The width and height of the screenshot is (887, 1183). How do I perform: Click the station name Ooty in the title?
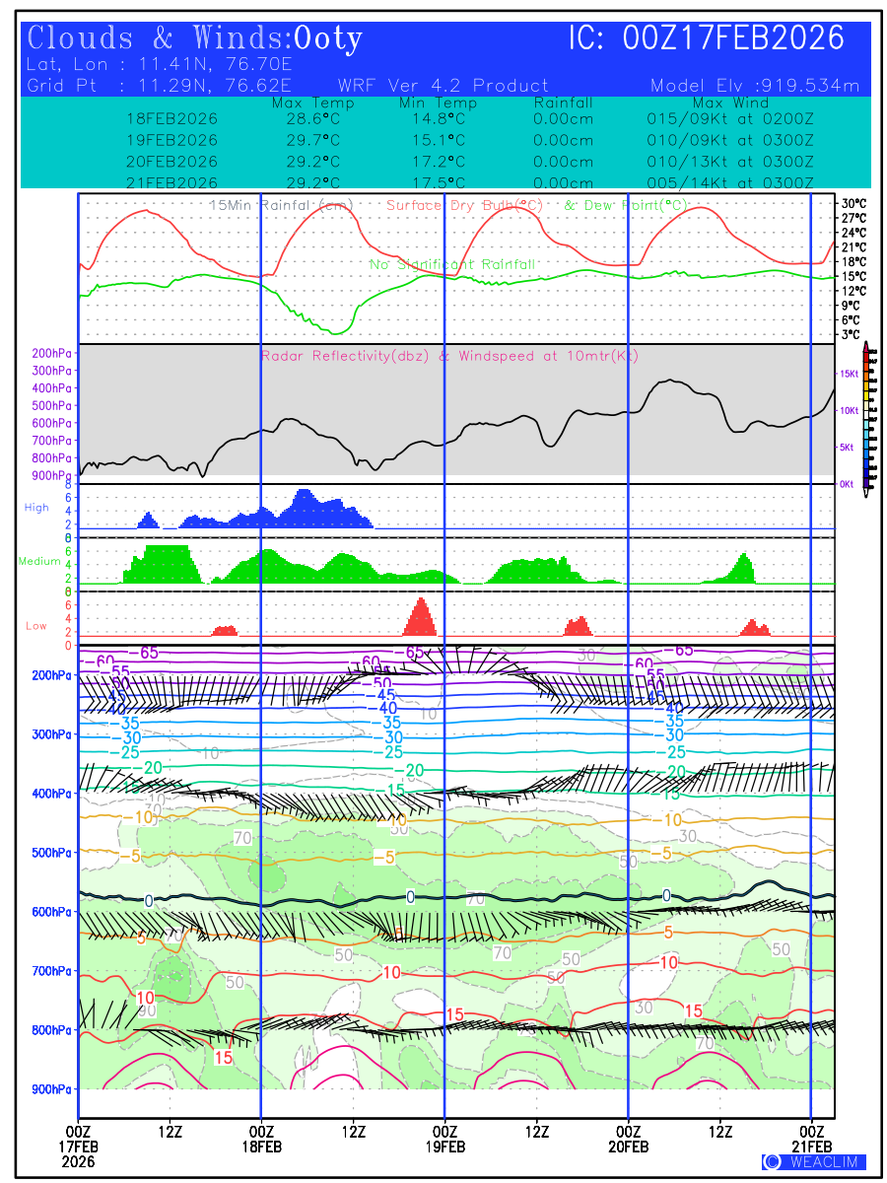(x=328, y=38)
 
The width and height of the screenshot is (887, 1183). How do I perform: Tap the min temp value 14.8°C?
(x=439, y=118)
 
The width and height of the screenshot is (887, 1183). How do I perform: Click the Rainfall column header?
(x=563, y=103)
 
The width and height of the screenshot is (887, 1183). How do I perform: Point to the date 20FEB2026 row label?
(x=171, y=162)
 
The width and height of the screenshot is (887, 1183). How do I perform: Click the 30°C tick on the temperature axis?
(x=853, y=203)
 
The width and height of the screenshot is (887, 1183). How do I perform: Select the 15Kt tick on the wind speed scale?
(x=848, y=374)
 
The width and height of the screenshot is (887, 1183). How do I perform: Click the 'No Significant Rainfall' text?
(x=452, y=264)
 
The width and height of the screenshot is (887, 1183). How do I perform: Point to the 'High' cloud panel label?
(x=36, y=508)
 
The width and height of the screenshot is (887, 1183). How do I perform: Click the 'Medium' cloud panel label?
(x=39, y=561)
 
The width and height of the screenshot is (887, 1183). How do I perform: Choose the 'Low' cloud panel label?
(x=36, y=626)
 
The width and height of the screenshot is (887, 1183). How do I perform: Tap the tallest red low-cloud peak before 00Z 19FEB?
(x=421, y=614)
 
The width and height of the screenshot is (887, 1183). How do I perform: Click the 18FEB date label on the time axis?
(x=261, y=1147)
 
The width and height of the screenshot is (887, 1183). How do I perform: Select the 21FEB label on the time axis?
(x=811, y=1147)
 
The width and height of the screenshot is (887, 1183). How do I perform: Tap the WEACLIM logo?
(x=814, y=1162)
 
